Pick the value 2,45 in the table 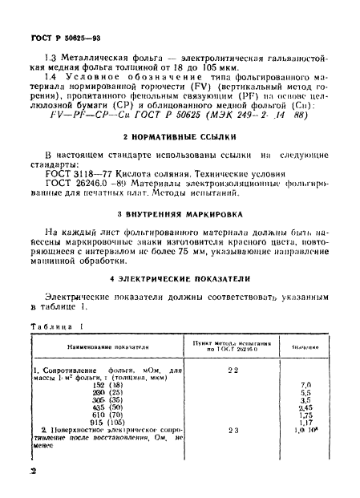pos(305,407)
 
